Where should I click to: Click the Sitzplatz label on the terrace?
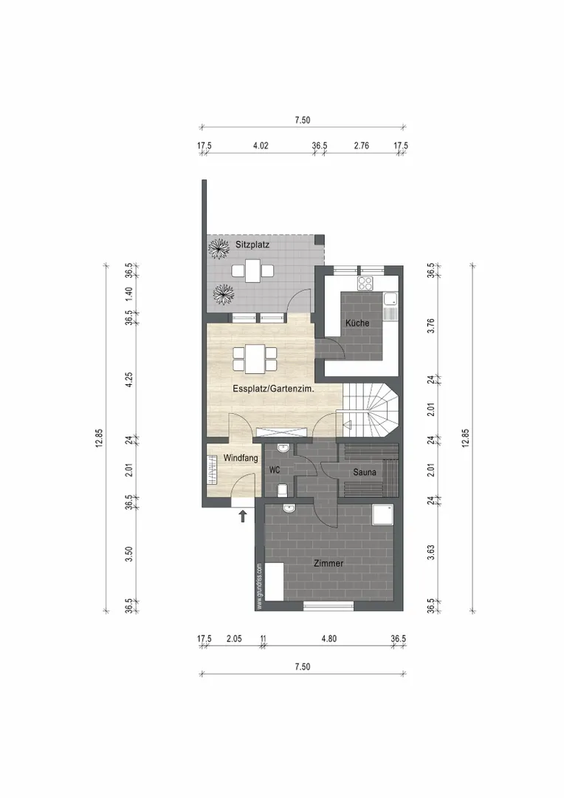pyautogui.click(x=252, y=245)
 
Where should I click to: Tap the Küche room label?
pyautogui.click(x=357, y=323)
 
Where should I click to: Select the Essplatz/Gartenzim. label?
pyautogui.click(x=273, y=389)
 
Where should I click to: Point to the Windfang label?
pyautogui.click(x=241, y=458)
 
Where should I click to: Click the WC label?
pyautogui.click(x=275, y=470)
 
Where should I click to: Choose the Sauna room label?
pyautogui.click(x=365, y=472)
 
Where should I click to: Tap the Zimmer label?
pyautogui.click(x=329, y=563)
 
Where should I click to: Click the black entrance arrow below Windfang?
pyautogui.click(x=243, y=516)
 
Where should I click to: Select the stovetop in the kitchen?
pyautogui.click(x=365, y=283)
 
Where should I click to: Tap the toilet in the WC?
pyautogui.click(x=283, y=490)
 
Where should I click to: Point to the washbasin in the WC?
pyautogui.click(x=283, y=448)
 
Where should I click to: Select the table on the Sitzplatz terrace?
pyautogui.click(x=252, y=270)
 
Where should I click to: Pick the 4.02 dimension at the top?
pyautogui.click(x=261, y=146)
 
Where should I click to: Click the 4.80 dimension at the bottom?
pyautogui.click(x=329, y=638)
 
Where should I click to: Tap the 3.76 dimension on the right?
pyautogui.click(x=431, y=326)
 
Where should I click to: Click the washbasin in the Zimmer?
pyautogui.click(x=289, y=508)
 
